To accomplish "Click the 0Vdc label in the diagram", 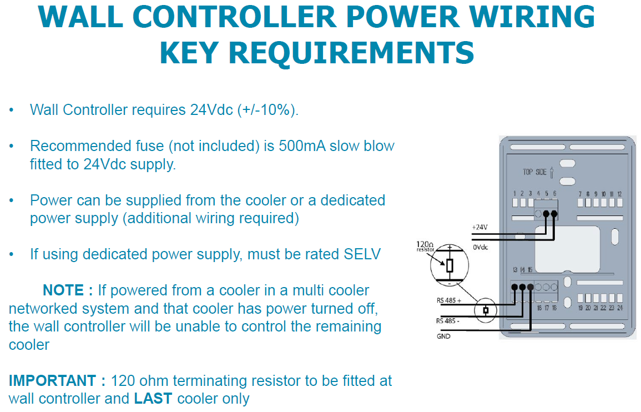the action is pyautogui.click(x=481, y=247).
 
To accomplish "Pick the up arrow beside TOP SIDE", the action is pyautogui.click(x=551, y=172).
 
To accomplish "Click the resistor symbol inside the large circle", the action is pyautogui.click(x=450, y=265).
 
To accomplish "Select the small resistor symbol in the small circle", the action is pyautogui.click(x=486, y=310).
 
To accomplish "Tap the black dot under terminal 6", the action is pyautogui.click(x=554, y=214).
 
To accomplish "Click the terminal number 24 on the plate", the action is pyautogui.click(x=620, y=308).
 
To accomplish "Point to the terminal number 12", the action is pyautogui.click(x=619, y=194).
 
